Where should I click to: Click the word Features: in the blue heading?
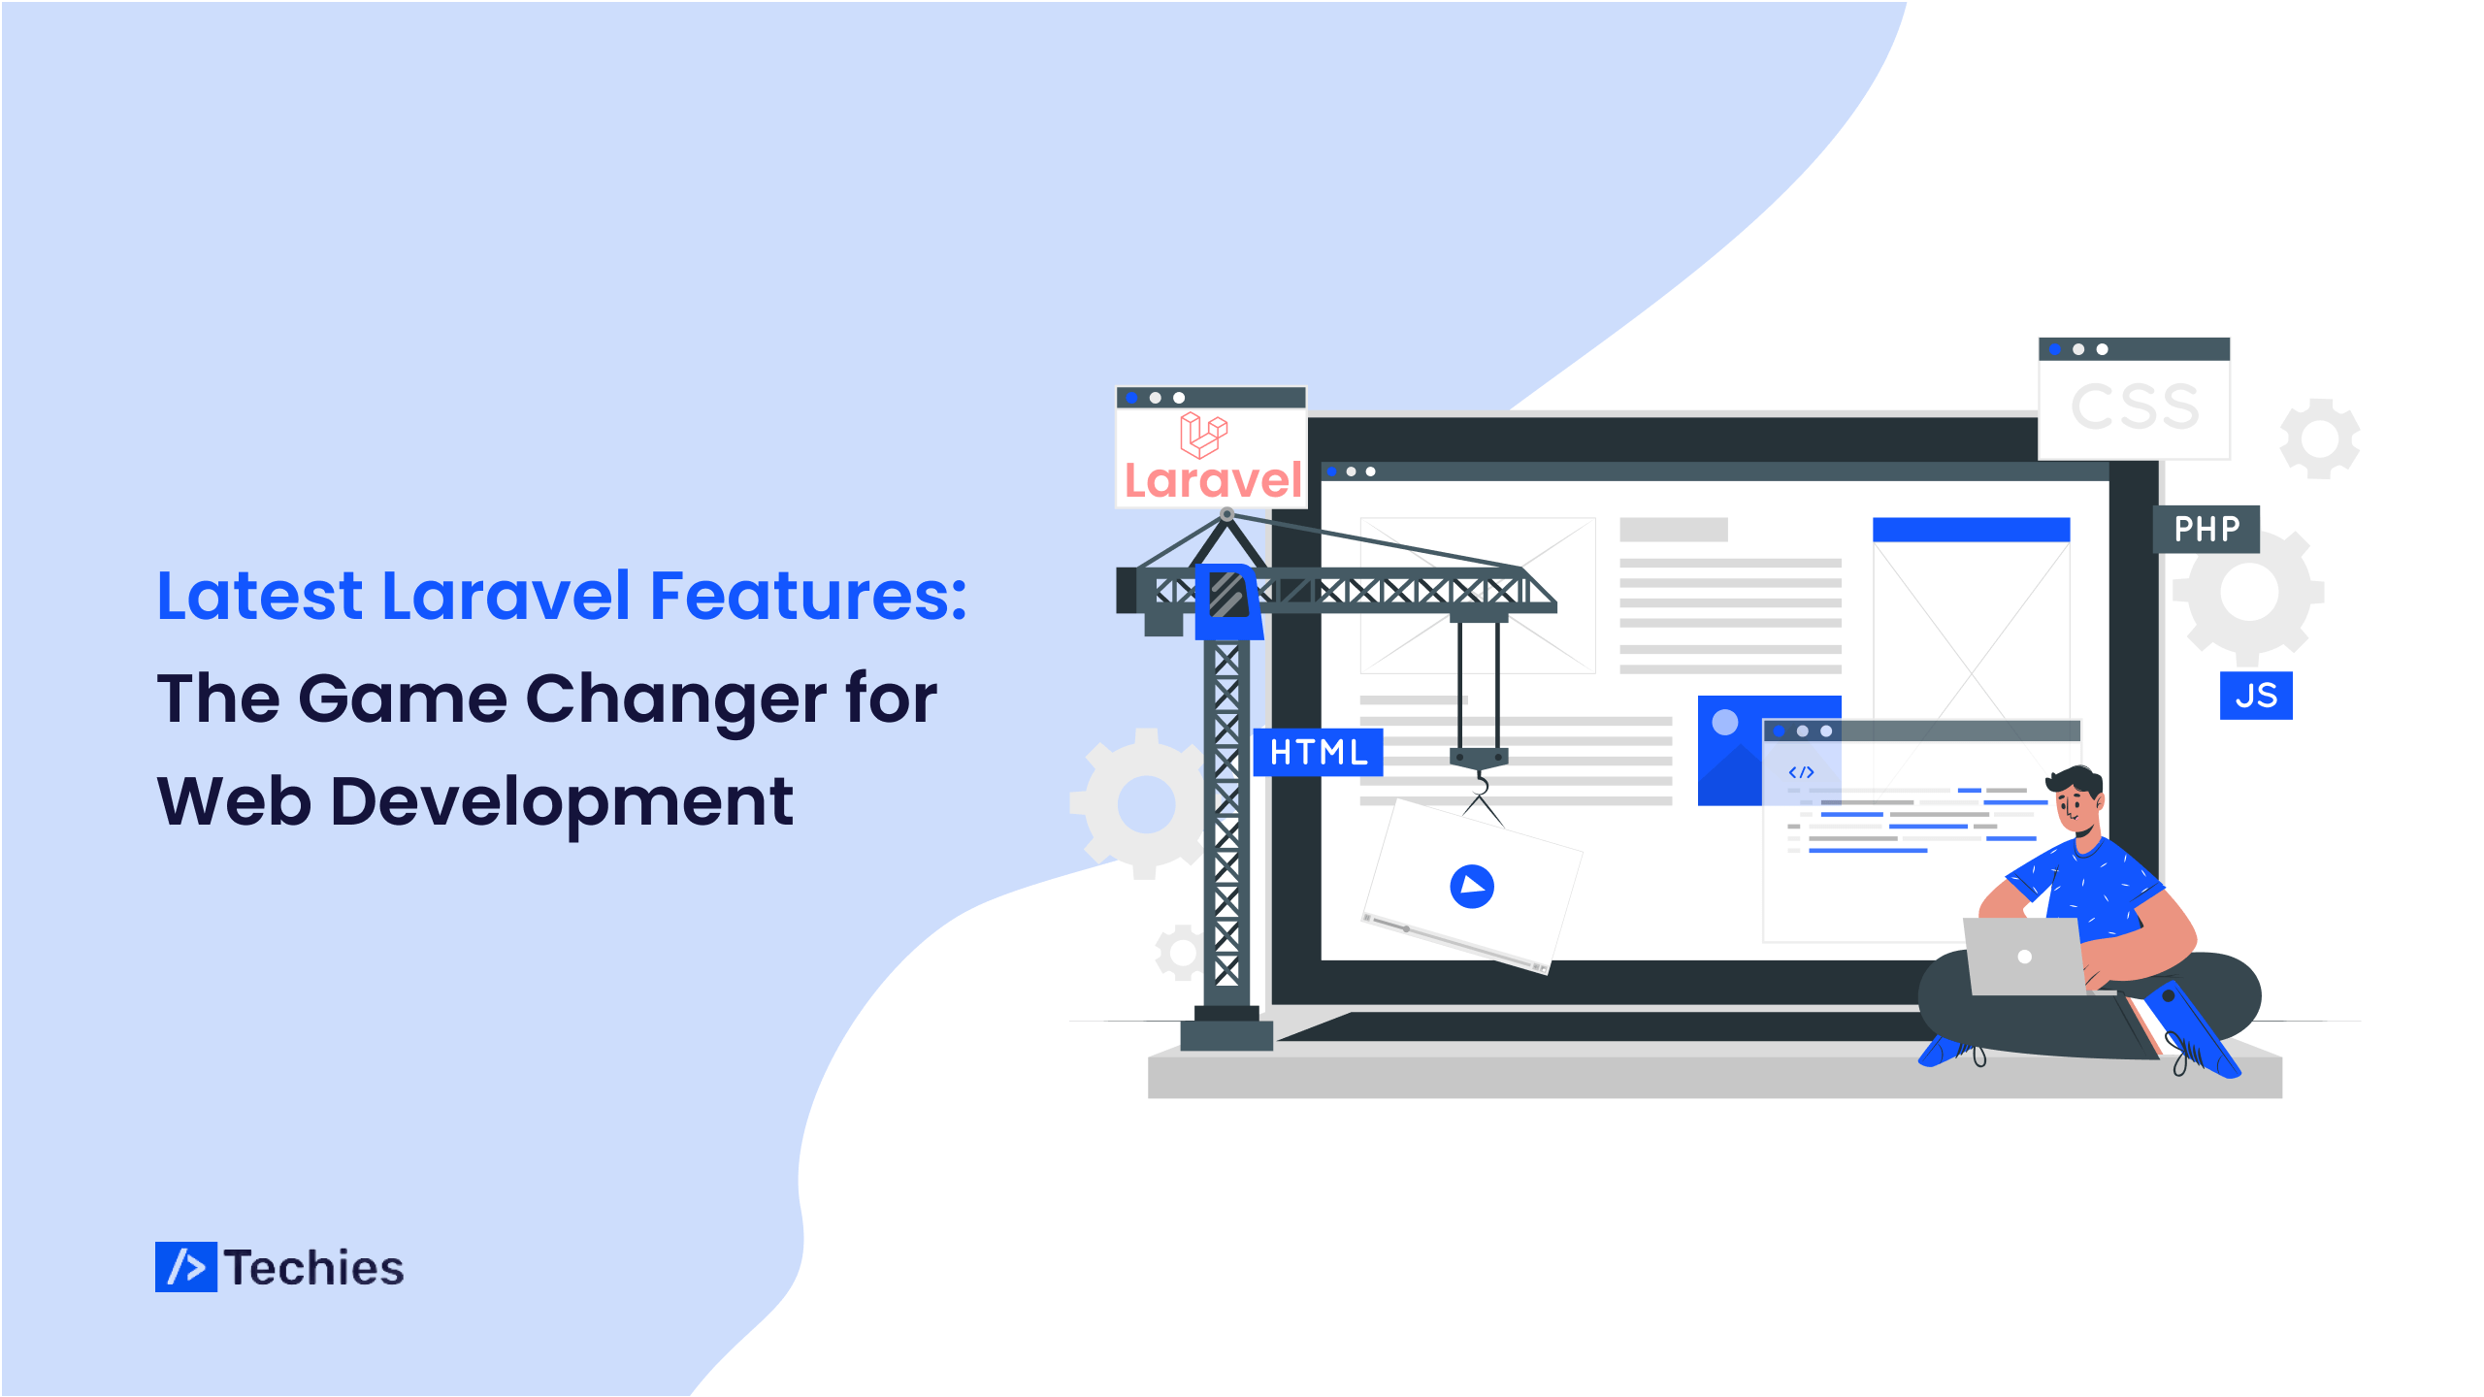click(808, 595)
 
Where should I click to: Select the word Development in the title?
click(562, 803)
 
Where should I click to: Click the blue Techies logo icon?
click(186, 1267)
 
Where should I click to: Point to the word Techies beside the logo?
click(314, 1268)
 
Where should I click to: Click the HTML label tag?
click(1319, 752)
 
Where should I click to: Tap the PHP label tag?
click(2206, 529)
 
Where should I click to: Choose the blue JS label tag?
click(2256, 696)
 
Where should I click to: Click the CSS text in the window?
click(2135, 406)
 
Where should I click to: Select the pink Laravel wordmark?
click(1213, 480)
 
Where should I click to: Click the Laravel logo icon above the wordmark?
click(1204, 435)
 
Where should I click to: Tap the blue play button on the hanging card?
click(1472, 886)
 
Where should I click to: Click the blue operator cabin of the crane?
click(1228, 601)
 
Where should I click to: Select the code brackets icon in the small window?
click(1801, 772)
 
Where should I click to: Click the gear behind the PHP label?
click(2248, 592)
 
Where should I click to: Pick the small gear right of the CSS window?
click(2320, 439)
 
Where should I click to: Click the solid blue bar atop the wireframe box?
click(1971, 530)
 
